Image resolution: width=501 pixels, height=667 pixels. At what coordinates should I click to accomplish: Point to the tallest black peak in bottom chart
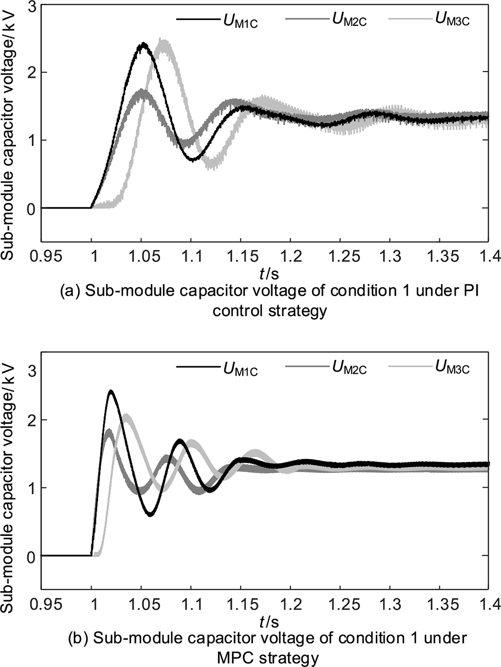click(x=111, y=391)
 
